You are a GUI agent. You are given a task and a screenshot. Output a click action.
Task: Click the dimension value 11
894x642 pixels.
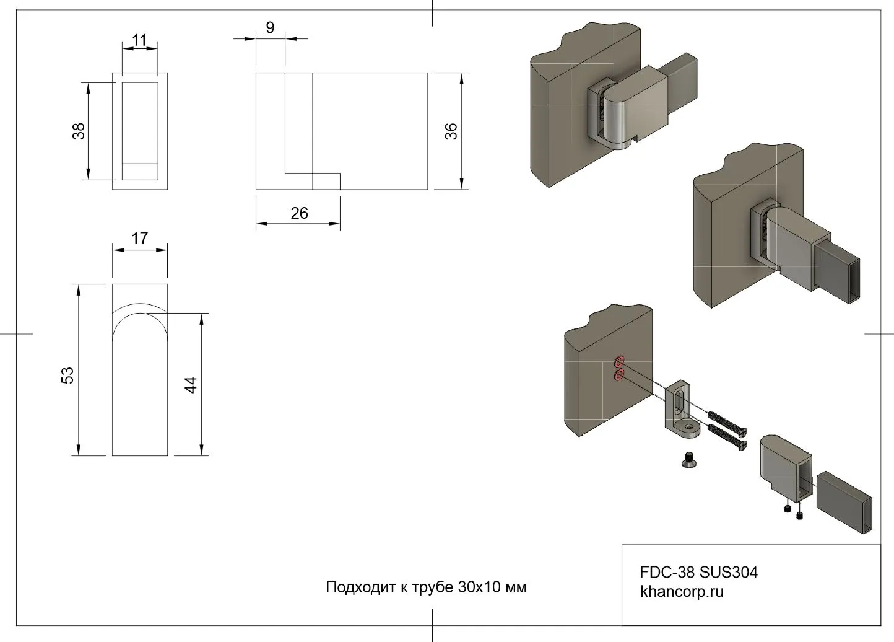pyautogui.click(x=139, y=41)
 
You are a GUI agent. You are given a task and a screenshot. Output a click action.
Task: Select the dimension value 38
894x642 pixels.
pyautogui.click(x=79, y=131)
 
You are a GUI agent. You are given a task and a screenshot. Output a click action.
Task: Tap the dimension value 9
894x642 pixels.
pyautogui.click(x=270, y=27)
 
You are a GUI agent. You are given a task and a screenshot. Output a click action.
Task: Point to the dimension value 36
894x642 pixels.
pyautogui.click(x=451, y=131)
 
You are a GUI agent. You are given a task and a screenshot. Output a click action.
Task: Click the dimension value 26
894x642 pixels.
pyautogui.click(x=299, y=213)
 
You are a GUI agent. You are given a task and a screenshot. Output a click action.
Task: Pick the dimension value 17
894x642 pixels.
pyautogui.click(x=140, y=238)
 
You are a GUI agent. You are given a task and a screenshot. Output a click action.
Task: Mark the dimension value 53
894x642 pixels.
pyautogui.click(x=67, y=375)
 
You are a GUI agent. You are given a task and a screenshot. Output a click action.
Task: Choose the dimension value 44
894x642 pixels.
pyautogui.click(x=191, y=384)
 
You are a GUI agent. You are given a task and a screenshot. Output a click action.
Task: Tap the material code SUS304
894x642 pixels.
pyautogui.click(x=729, y=572)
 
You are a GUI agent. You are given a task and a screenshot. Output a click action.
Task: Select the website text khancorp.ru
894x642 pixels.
pyautogui.click(x=682, y=591)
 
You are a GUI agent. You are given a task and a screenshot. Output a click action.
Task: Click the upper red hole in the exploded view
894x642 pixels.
pyautogui.click(x=618, y=361)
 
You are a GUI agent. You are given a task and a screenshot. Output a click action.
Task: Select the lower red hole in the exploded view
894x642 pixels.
pyautogui.click(x=618, y=376)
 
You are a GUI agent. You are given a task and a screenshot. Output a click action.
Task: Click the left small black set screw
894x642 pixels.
pyautogui.click(x=786, y=509)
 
